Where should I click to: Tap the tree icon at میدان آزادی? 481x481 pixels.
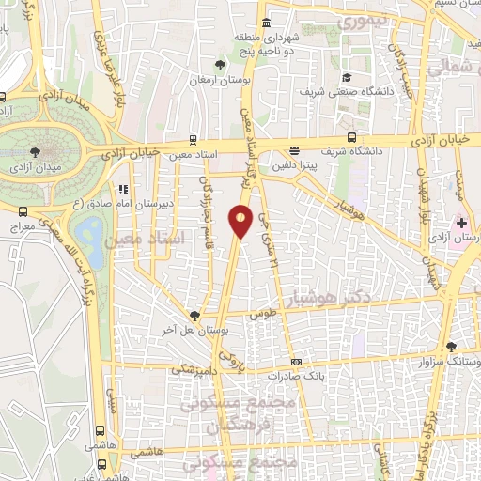(x=35, y=150)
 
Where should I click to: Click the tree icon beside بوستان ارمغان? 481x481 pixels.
(x=219, y=65)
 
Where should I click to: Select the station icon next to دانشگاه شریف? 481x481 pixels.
(x=350, y=136)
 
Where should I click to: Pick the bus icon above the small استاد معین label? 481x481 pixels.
(x=193, y=137)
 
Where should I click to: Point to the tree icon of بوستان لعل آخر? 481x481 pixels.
(x=194, y=317)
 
